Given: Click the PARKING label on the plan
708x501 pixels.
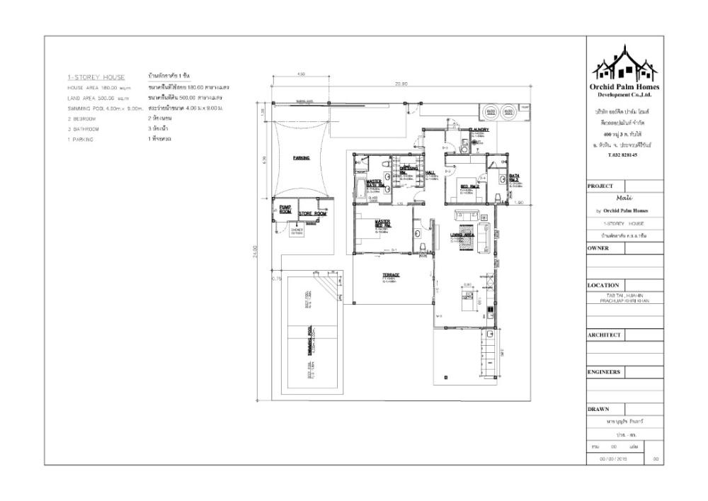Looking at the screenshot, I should (x=302, y=158).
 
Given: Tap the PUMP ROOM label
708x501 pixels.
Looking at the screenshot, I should (x=285, y=209).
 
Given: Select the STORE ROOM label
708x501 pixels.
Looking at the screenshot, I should (x=312, y=213).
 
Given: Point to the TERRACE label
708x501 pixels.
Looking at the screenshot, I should (x=392, y=275).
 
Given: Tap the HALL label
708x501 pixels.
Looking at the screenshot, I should (x=430, y=172).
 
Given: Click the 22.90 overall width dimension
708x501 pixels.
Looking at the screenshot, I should (x=400, y=84).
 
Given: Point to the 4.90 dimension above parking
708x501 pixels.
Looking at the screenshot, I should (x=300, y=74).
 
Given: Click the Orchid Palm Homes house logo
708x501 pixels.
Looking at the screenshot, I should (x=625, y=62).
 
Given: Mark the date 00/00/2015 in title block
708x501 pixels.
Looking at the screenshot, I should (x=614, y=459).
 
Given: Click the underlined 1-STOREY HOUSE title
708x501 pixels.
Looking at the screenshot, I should (x=96, y=77).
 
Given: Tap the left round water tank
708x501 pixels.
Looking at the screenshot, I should (x=489, y=111).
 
